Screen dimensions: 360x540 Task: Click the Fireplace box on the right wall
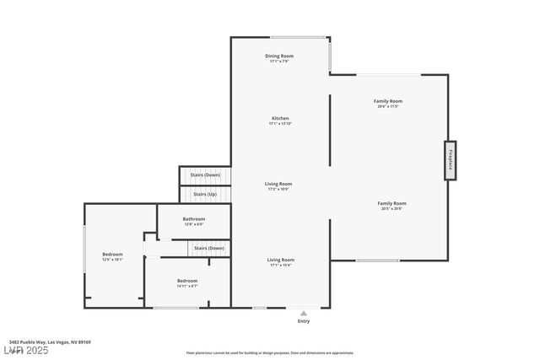[x=451, y=159]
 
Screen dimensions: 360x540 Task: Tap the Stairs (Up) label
[x=205, y=194]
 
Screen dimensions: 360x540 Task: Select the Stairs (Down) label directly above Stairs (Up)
[x=205, y=175]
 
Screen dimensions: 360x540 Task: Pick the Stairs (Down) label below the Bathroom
[x=209, y=248]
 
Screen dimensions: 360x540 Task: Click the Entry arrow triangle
[x=304, y=312]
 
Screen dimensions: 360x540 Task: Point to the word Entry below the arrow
[x=304, y=321]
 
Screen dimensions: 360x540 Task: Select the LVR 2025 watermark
[x=25, y=350]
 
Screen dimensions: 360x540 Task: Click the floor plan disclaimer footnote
[x=269, y=352]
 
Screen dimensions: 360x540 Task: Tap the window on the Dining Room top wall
[x=298, y=37]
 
